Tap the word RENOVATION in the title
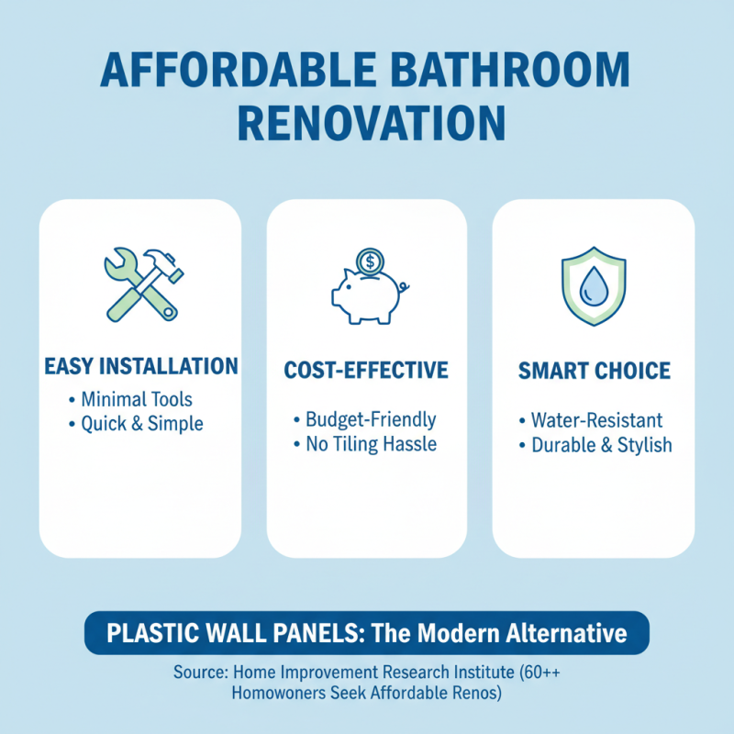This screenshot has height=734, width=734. coord(367,122)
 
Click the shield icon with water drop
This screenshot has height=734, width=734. coord(593,285)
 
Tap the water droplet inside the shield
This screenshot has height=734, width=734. coord(593,286)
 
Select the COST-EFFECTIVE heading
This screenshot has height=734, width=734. coord(366,371)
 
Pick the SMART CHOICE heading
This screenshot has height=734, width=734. coord(594,372)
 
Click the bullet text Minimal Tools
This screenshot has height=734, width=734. coord(136,400)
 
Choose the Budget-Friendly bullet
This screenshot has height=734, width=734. coord(370,420)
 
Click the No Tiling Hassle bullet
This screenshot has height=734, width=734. coord(370,445)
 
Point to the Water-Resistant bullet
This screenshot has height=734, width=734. coord(595,420)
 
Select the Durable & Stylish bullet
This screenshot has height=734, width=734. coord(601,445)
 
